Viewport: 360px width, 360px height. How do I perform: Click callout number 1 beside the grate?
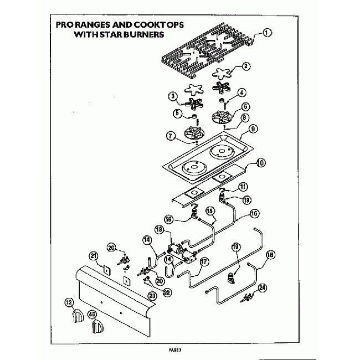pyautogui.click(x=268, y=32)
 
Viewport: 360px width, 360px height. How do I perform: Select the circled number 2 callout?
pyautogui.click(x=246, y=66)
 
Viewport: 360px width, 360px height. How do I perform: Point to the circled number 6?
pyautogui.click(x=245, y=106)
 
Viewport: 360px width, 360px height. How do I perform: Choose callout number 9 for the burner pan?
pyautogui.click(x=253, y=128)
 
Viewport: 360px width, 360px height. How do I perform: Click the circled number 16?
pyautogui.click(x=254, y=212)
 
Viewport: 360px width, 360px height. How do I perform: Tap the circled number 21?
pyautogui.click(x=94, y=255)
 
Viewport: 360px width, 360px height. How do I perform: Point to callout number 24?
pyautogui.click(x=263, y=287)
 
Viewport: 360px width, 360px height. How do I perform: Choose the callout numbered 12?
pyautogui.click(x=69, y=303)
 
